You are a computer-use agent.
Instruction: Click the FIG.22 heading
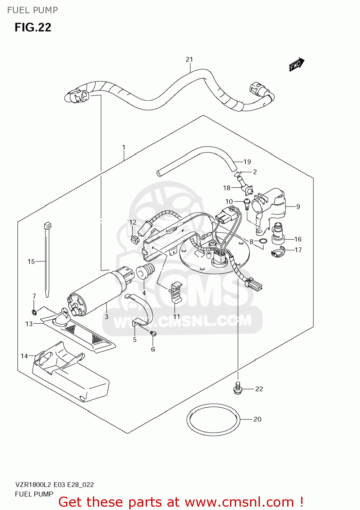[33, 27]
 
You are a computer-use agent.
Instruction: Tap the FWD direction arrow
[296, 64]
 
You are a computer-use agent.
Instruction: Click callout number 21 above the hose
[189, 60]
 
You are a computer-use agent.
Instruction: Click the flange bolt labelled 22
[238, 389]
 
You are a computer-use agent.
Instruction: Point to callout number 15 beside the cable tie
[31, 261]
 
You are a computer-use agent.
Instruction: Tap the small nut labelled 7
[34, 312]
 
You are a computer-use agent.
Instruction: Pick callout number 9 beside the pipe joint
[298, 206]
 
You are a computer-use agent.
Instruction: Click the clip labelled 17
[278, 252]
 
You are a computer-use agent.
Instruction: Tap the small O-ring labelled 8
[263, 241]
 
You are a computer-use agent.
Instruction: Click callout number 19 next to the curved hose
[247, 162]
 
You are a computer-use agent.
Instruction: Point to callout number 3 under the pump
[107, 317]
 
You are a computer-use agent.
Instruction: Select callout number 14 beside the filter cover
[24, 356]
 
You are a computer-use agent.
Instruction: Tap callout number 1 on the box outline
[124, 148]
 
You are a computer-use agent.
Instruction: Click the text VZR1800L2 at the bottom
[33, 485]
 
